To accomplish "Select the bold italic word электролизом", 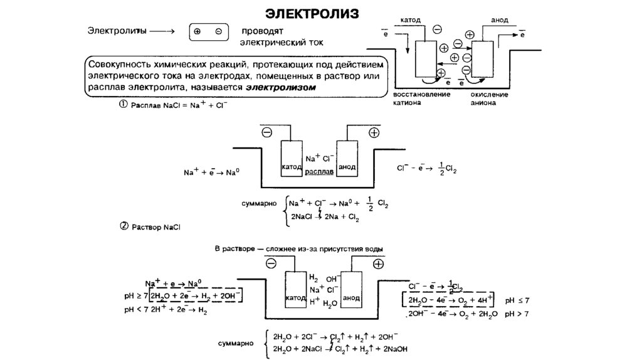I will coord(280,88).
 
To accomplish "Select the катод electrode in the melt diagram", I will coord(291,159).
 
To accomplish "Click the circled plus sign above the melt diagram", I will coord(374,132).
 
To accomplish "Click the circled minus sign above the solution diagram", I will coord(270,264).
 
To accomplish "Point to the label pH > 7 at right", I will coord(517,313).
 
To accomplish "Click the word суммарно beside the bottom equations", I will coord(236,344).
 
